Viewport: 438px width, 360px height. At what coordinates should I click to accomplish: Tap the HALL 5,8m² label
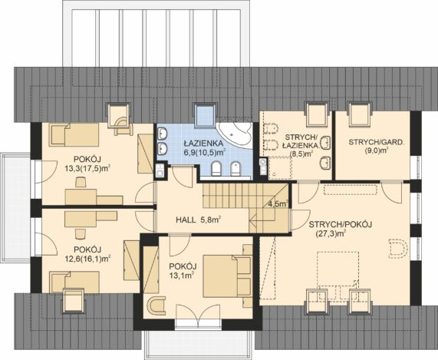[x=199, y=220]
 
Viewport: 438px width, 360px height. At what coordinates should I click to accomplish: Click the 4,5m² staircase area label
[x=278, y=203]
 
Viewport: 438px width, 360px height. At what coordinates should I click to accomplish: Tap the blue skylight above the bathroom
[x=206, y=114]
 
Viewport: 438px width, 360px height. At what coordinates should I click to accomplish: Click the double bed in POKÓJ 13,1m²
[x=227, y=276]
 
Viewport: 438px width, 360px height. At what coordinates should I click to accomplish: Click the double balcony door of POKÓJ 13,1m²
[x=199, y=315]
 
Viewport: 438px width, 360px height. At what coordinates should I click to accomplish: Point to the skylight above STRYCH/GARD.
[x=360, y=114]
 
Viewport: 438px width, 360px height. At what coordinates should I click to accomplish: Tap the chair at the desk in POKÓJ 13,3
[x=81, y=183]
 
